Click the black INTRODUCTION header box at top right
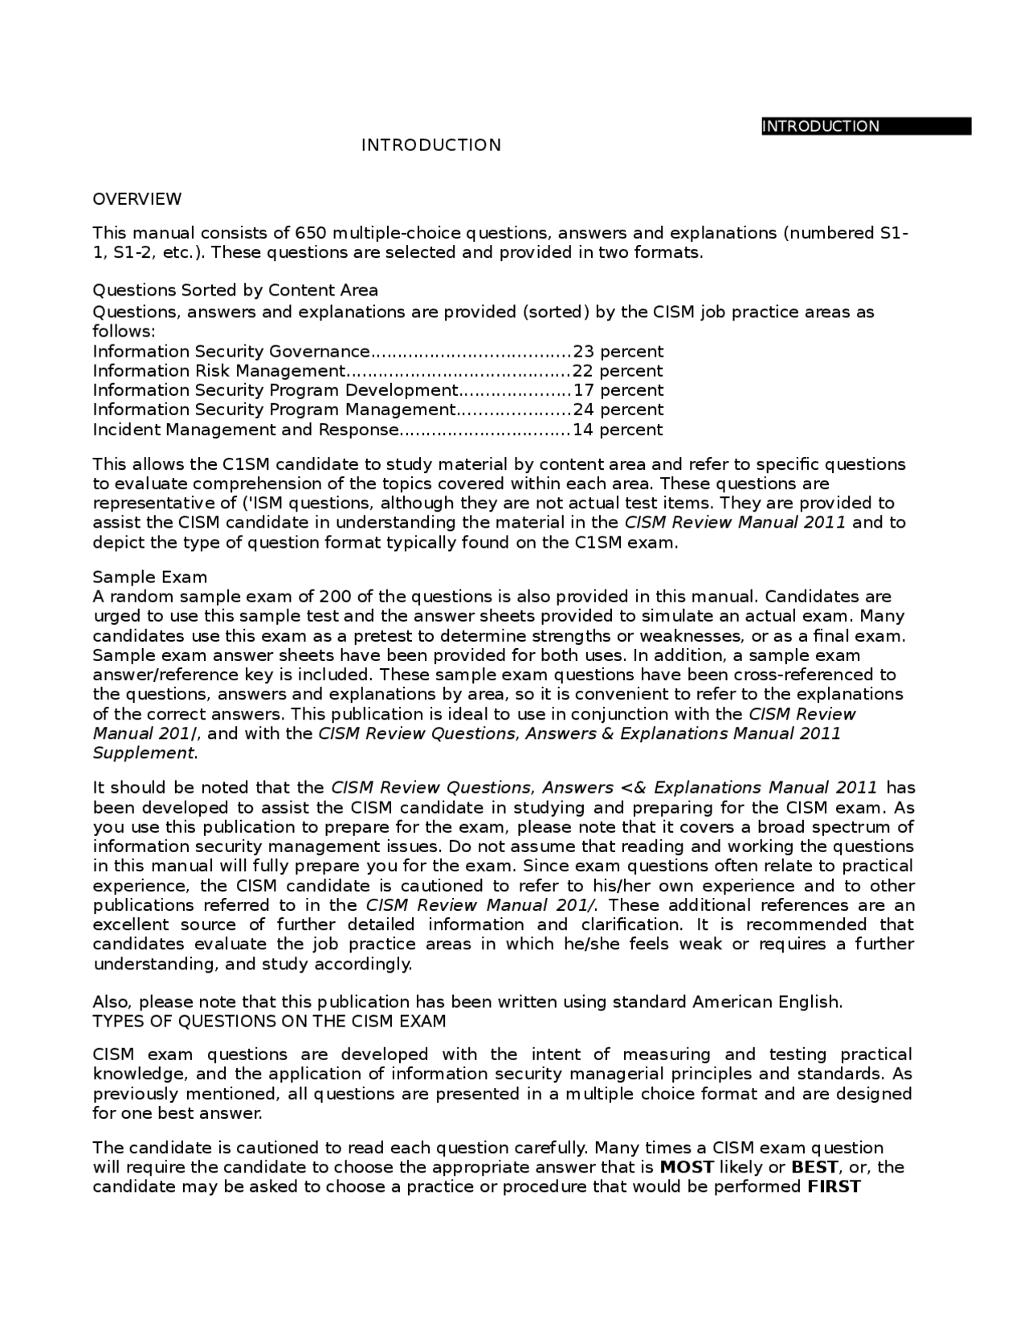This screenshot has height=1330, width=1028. click(x=866, y=126)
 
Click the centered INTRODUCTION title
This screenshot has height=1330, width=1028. click(x=430, y=145)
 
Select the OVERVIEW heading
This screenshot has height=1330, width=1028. click(x=137, y=199)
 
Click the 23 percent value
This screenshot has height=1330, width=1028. click(x=618, y=352)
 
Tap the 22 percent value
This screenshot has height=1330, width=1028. click(x=618, y=371)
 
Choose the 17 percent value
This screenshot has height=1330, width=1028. click(x=618, y=390)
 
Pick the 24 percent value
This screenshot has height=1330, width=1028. click(x=618, y=410)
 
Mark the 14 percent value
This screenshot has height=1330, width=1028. click(x=618, y=430)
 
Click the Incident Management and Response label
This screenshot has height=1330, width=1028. click(x=246, y=430)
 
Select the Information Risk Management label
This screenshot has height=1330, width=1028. click(x=218, y=371)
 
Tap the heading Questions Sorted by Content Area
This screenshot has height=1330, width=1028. click(x=235, y=290)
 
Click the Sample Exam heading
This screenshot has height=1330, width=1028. click(x=150, y=577)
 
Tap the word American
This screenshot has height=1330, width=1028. click(x=733, y=1002)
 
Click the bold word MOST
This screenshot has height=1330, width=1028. click(x=686, y=1168)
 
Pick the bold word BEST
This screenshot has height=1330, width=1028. click(x=814, y=1168)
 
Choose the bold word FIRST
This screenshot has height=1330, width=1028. click(x=834, y=1187)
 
